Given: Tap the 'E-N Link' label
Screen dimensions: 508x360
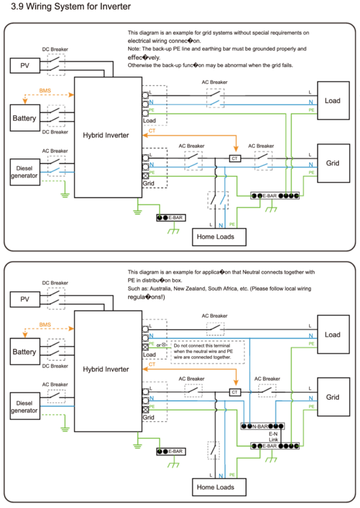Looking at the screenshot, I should (274, 437).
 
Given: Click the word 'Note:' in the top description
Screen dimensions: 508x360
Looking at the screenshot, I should (136, 49).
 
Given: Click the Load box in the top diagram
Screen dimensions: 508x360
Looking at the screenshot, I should (332, 101).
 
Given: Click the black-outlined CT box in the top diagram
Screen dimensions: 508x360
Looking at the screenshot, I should (235, 158).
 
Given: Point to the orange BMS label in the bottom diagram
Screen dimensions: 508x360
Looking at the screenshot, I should (45, 325).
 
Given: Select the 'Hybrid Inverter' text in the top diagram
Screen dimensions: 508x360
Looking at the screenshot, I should (105, 135).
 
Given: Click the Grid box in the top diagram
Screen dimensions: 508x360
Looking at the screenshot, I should (332, 163).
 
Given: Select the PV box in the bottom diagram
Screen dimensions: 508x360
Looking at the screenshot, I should (25, 299).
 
